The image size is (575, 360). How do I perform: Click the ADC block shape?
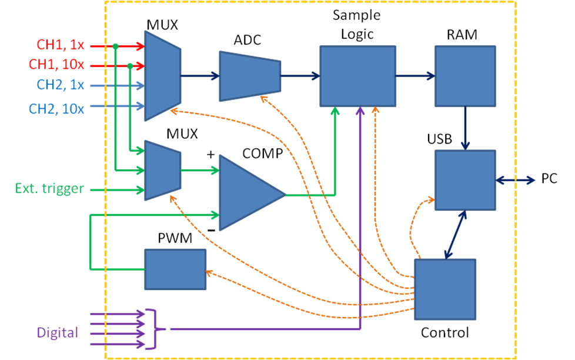[250, 75]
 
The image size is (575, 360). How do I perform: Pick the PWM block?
[175, 269]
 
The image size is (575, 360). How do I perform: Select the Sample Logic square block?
[357, 76]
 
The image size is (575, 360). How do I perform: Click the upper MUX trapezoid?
[162, 75]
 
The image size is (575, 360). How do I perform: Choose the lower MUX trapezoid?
[162, 170]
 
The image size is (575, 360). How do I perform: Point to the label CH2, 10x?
[56, 108]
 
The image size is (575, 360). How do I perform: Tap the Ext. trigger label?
[49, 189]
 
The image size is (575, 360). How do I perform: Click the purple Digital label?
[58, 333]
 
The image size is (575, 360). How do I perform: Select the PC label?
[549, 179]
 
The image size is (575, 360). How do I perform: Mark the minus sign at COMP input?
[210, 229]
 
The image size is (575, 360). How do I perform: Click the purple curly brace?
[156, 328]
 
